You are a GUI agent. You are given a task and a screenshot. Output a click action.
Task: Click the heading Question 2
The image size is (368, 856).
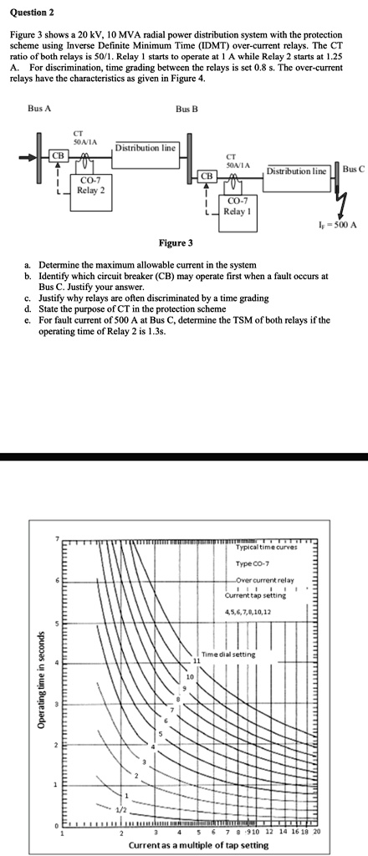29,14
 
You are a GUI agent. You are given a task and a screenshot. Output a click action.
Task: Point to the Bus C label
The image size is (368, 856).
354,170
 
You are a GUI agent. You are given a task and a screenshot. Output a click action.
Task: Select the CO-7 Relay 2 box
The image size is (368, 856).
90,185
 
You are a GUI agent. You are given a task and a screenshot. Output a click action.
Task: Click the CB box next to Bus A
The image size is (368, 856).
59,155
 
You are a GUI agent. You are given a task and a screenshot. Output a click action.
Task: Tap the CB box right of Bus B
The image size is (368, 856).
206,177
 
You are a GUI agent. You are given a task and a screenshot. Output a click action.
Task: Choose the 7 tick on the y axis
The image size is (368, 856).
58,538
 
